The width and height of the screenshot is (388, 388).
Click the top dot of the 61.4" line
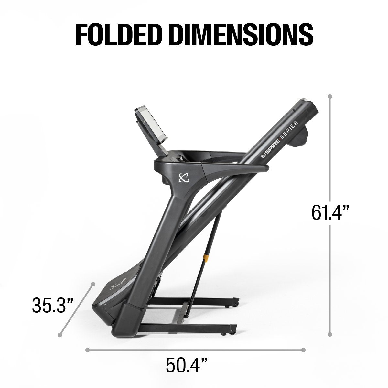point(330,96)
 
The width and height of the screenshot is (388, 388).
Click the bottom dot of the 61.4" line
point(330,335)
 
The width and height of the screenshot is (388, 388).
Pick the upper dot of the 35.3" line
point(93,284)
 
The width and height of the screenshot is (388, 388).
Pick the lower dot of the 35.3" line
point(59,334)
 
